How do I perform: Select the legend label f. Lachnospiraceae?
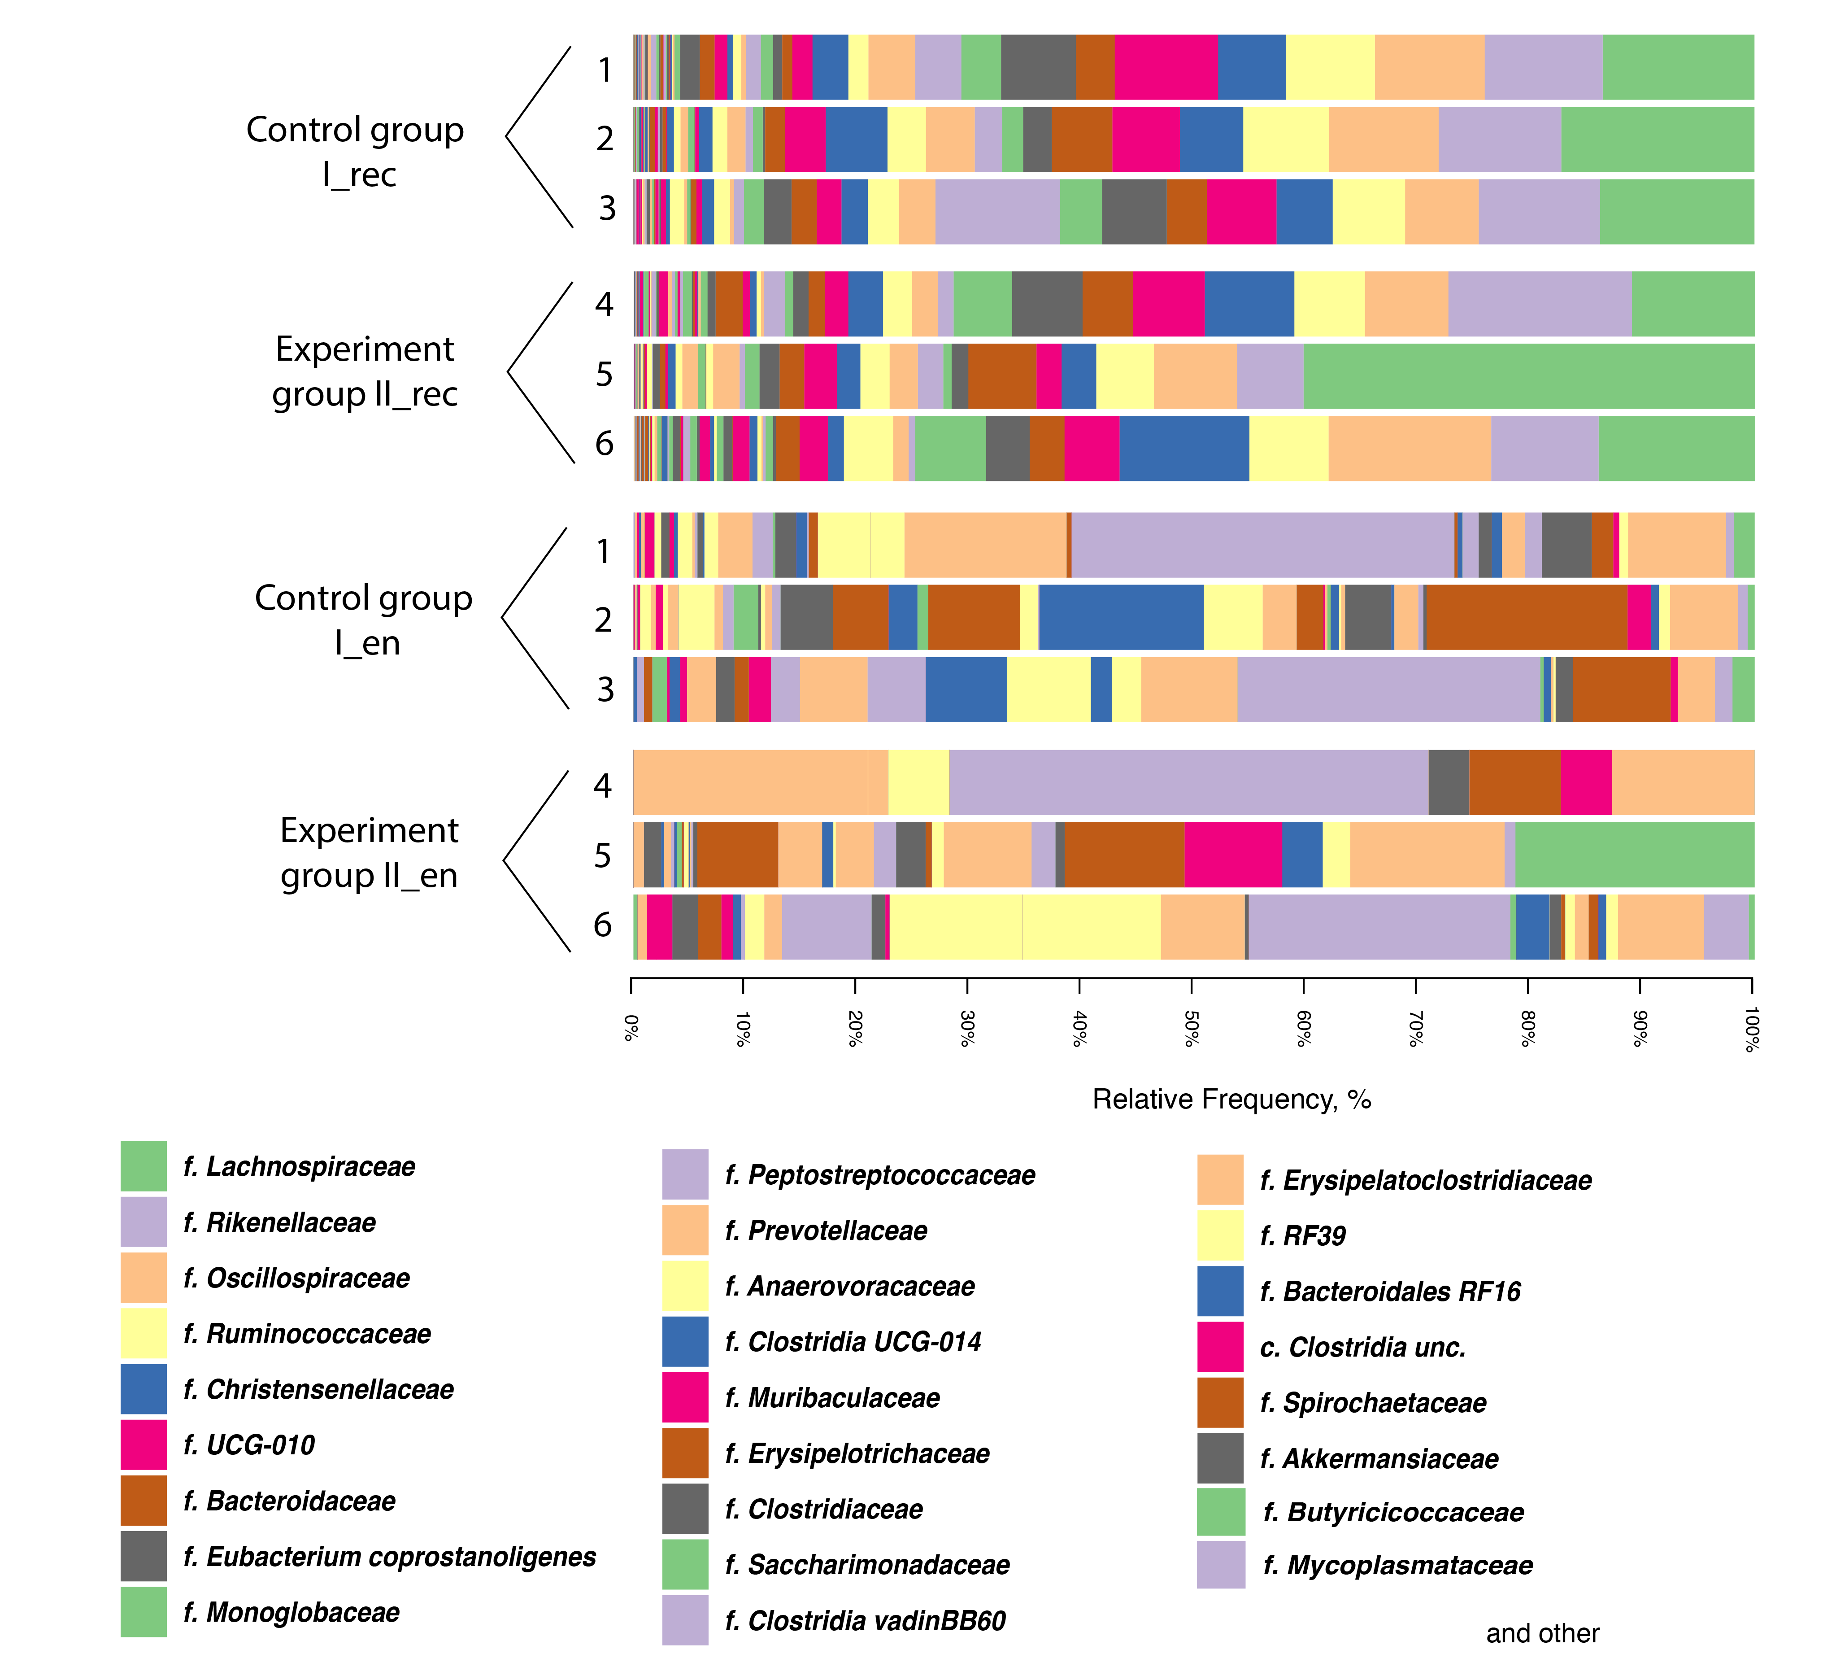(x=299, y=1166)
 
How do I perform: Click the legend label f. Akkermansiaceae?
(x=1379, y=1458)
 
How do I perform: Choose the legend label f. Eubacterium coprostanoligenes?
(x=389, y=1556)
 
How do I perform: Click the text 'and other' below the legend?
(x=1542, y=1634)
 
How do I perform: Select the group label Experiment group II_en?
(x=369, y=853)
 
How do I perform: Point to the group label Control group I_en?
(x=364, y=620)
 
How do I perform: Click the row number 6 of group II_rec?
(x=605, y=444)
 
